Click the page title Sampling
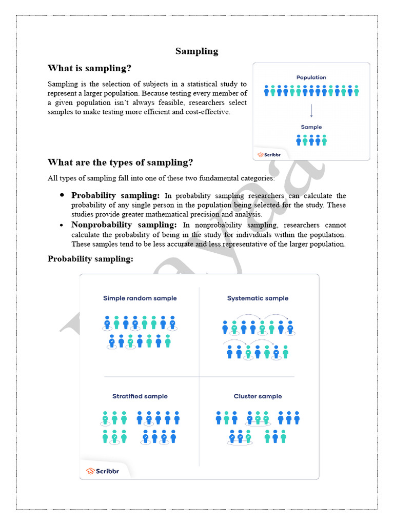(196, 51)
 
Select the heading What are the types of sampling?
(120, 163)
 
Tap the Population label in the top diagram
(311, 77)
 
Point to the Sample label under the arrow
(311, 127)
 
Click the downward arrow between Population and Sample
(311, 111)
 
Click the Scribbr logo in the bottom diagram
(103, 471)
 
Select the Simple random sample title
(140, 298)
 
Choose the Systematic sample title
(258, 298)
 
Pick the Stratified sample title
(140, 396)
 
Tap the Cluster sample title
(258, 396)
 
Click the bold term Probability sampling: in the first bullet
(115, 196)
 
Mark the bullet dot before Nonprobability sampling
(62, 225)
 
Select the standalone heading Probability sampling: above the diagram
(90, 259)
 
